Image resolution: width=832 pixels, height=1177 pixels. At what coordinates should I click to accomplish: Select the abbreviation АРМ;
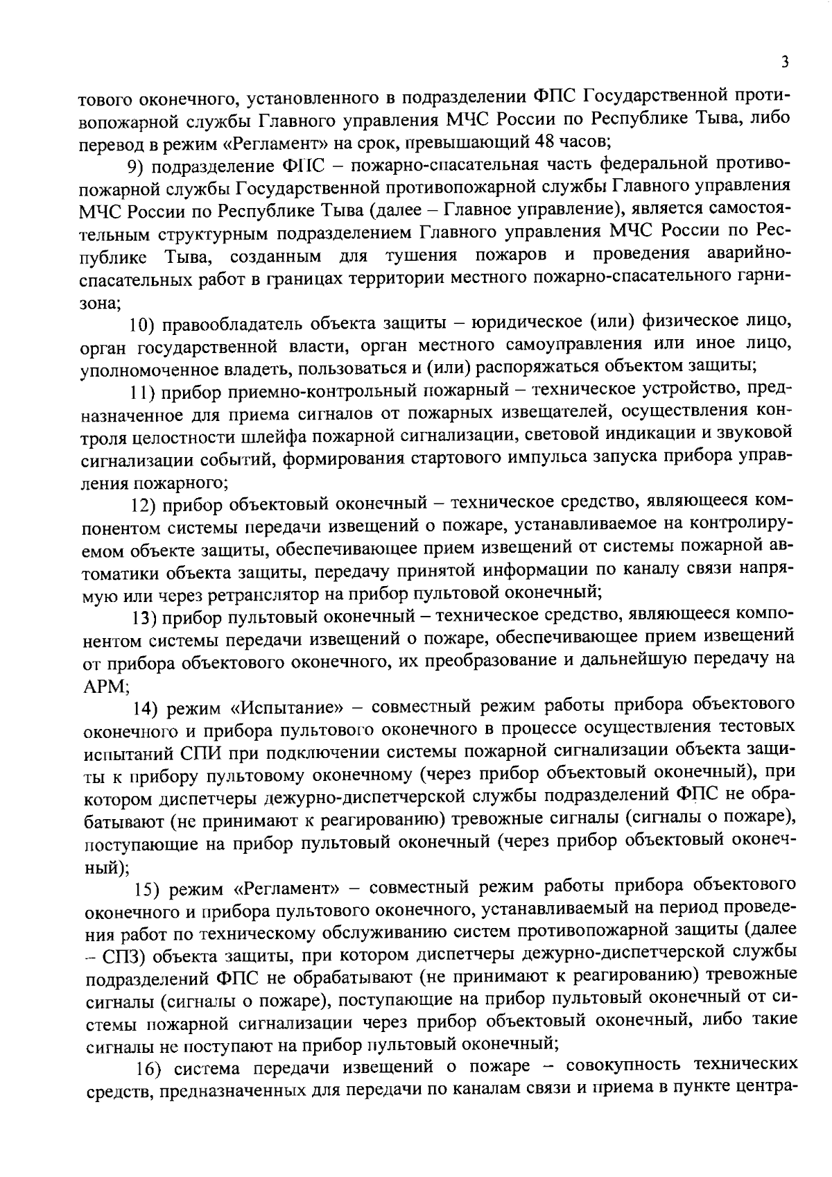coord(103,686)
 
